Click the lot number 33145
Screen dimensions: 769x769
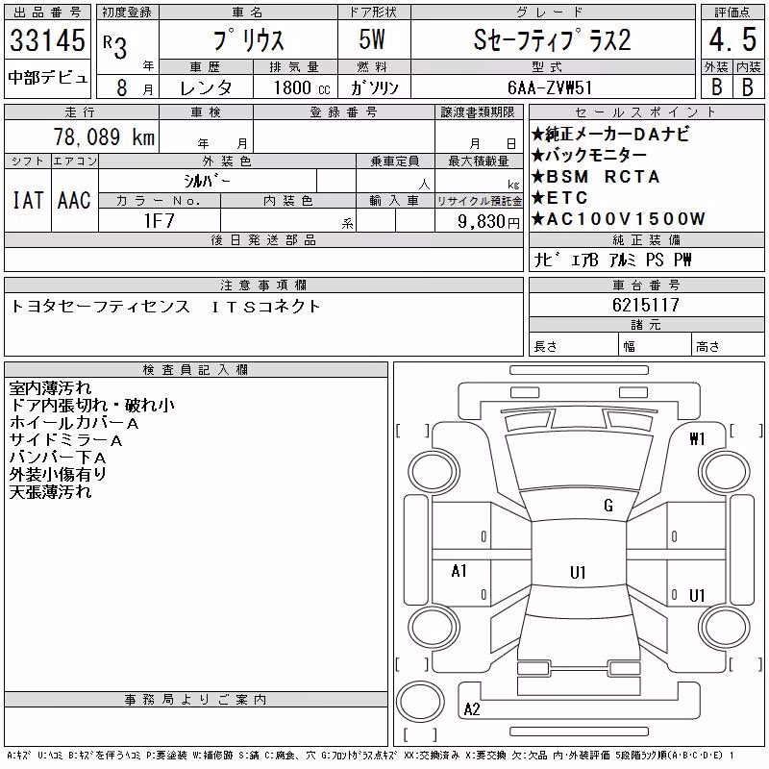click(47, 39)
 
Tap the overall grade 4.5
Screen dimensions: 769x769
click(732, 39)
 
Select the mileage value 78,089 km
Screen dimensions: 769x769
click(104, 136)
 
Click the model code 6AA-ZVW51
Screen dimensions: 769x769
click(550, 87)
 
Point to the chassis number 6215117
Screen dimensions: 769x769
click(646, 305)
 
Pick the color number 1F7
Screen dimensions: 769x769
click(160, 221)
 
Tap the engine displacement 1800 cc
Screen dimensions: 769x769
click(302, 87)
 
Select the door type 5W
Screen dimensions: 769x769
click(372, 39)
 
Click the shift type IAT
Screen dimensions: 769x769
click(28, 200)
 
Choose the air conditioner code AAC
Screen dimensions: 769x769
click(74, 200)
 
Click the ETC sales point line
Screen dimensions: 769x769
click(559, 198)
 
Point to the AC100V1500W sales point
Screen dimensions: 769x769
click(618, 219)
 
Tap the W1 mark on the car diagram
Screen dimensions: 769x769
click(697, 439)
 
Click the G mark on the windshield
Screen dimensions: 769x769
click(608, 506)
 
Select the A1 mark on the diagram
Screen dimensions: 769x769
click(459, 571)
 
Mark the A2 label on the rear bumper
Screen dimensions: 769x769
click(472, 709)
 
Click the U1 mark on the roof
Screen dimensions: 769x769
click(579, 572)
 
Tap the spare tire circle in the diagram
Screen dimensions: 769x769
click(420, 702)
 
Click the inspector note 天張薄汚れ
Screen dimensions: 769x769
click(50, 492)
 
